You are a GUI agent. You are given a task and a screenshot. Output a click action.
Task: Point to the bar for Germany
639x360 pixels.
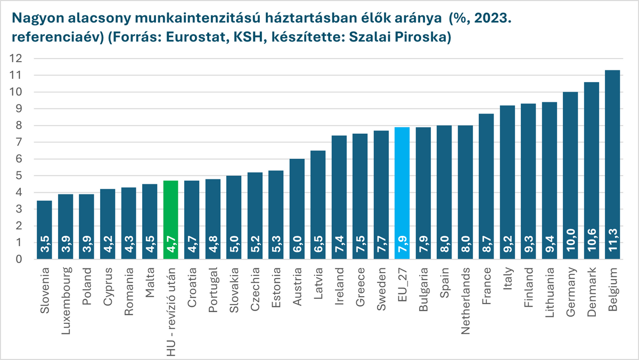click(x=570, y=176)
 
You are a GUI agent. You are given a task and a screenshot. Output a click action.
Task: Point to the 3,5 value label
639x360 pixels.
click(x=44, y=248)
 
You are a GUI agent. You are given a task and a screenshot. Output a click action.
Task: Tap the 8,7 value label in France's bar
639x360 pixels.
click(x=486, y=247)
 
